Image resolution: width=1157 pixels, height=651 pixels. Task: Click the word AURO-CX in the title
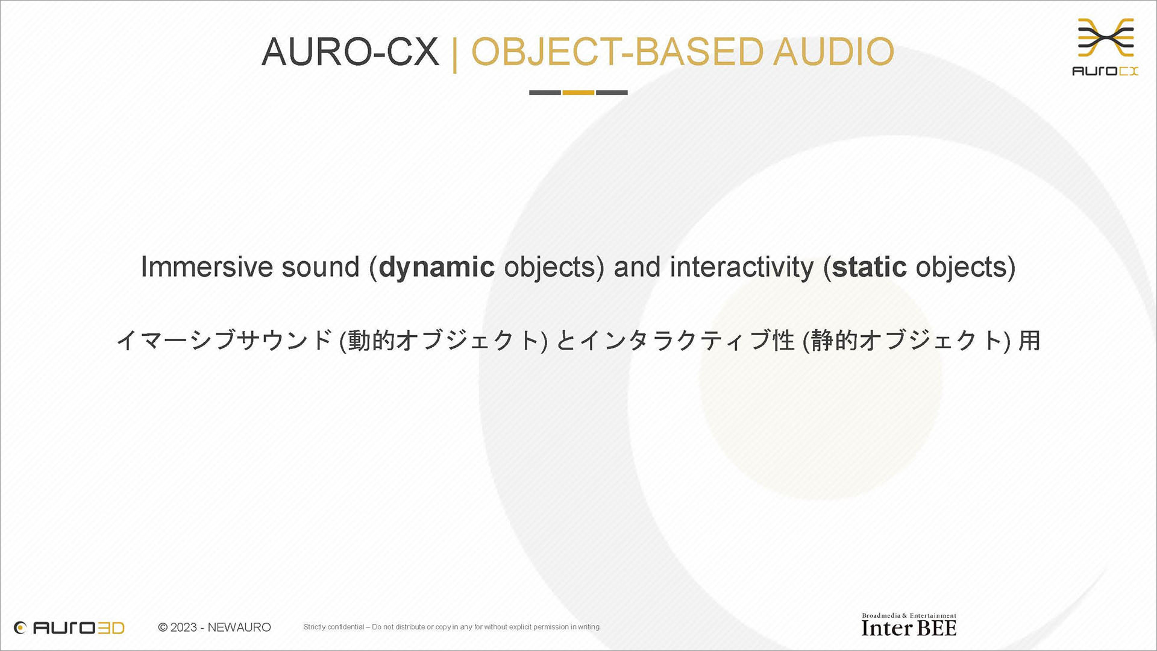(350, 52)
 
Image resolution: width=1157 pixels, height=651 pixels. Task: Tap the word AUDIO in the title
(833, 52)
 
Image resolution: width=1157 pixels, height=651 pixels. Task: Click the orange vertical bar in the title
(455, 53)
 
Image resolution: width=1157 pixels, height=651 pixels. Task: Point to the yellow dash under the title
(578, 92)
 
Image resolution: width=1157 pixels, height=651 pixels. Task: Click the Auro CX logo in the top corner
(1106, 47)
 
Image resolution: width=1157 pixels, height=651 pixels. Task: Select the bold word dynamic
(437, 268)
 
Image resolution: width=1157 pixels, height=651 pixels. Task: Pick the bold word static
(869, 267)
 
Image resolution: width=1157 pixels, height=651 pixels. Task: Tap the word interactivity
(742, 268)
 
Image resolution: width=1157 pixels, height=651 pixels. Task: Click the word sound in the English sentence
(321, 267)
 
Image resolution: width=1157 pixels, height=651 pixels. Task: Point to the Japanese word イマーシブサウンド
(224, 341)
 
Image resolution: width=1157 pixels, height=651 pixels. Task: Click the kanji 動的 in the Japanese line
(372, 341)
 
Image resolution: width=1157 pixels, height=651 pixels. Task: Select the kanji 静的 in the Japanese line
(835, 341)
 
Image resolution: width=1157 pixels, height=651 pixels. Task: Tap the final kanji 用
(1029, 341)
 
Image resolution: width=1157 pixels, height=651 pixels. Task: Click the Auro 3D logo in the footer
(69, 627)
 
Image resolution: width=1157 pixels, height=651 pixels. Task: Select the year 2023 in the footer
(184, 627)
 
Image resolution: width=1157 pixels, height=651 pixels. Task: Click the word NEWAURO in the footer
(239, 627)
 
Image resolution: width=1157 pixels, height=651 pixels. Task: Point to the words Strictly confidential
(334, 627)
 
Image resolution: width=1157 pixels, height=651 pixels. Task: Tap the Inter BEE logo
(909, 625)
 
